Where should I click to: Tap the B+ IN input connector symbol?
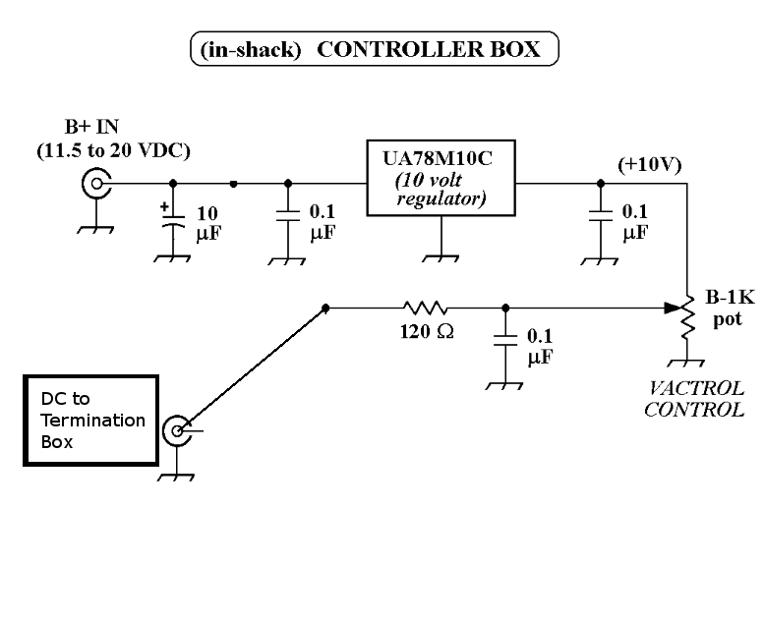[x=96, y=183]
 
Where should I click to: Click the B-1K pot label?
[x=729, y=309]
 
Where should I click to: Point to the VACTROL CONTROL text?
[x=693, y=399]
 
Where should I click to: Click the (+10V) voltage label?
[x=649, y=165]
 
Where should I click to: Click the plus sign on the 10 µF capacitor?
[x=163, y=207]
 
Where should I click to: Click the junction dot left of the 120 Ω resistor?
[x=326, y=308]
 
